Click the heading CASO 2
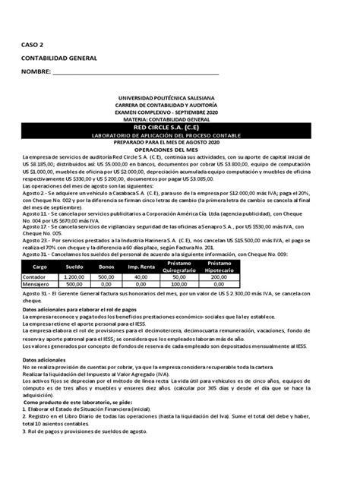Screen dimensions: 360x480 click(33, 45)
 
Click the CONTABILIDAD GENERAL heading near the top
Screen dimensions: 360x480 click(56, 58)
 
